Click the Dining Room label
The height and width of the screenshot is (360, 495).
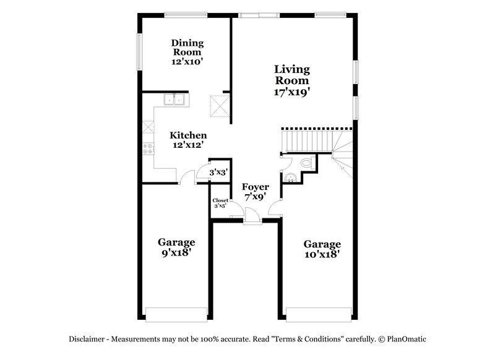(187, 48)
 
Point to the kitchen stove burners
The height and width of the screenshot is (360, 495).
(148, 148)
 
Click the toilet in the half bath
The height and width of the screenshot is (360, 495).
(304, 163)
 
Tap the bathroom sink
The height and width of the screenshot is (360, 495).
(290, 178)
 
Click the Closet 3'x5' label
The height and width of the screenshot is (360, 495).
(220, 203)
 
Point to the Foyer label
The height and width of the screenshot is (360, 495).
(254, 187)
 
